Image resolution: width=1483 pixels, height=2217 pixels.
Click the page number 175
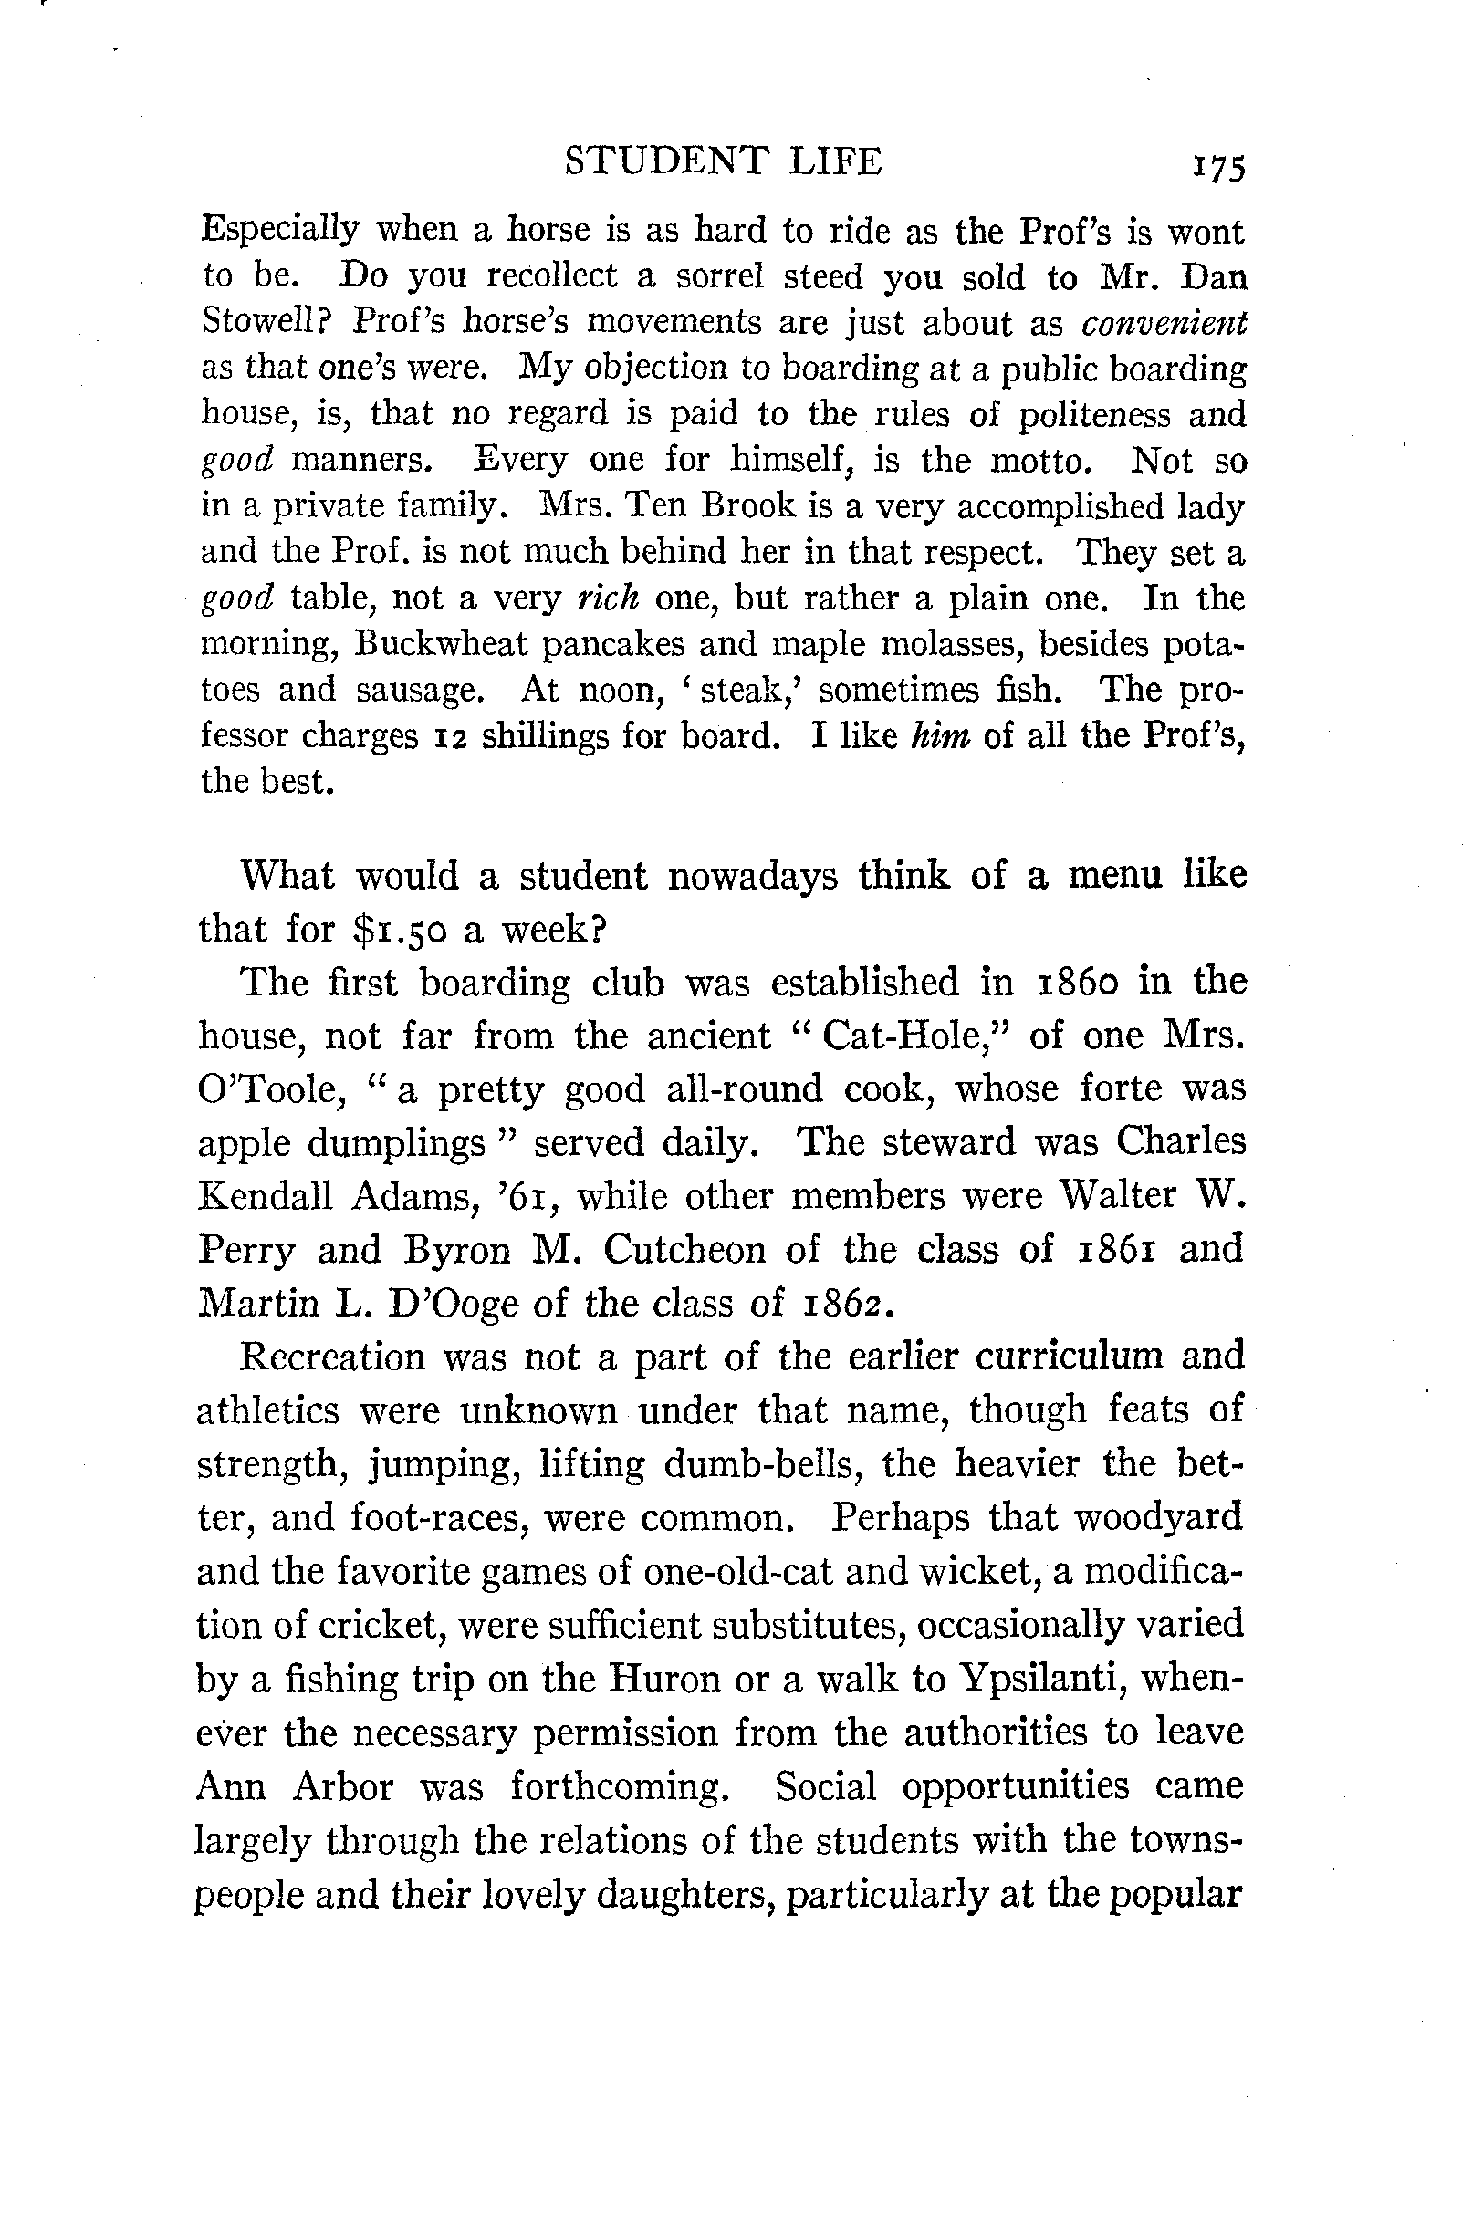(x=1220, y=166)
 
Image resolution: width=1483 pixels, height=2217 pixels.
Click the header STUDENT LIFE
(x=723, y=161)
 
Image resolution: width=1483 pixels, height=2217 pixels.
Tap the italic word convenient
(x=1164, y=323)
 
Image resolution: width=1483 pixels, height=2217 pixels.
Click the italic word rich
(x=608, y=598)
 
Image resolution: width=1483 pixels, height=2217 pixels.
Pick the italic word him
(x=940, y=735)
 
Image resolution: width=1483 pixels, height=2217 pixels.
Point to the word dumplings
(x=396, y=1145)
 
